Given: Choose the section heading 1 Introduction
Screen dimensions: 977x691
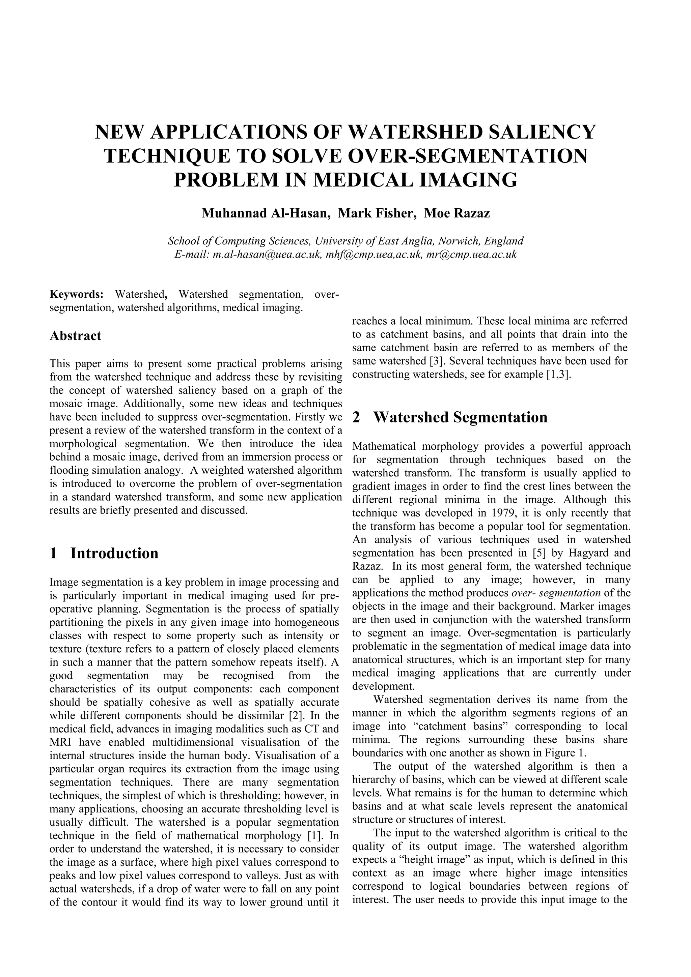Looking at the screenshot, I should click(104, 553).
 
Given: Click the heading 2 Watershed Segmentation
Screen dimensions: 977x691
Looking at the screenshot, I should click(450, 417).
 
